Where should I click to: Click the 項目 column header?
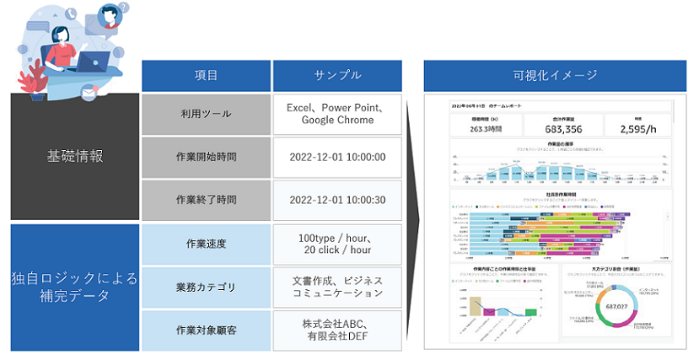206,75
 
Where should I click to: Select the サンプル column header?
338,75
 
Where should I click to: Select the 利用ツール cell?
206,114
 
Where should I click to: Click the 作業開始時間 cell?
206,157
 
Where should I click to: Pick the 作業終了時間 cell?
206,200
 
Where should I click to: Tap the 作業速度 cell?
206,244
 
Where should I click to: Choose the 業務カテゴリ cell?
206,287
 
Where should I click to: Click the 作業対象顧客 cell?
206,330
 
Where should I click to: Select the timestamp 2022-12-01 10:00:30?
337,200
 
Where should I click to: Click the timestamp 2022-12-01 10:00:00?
337,157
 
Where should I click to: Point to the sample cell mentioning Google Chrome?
337,114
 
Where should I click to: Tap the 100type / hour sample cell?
337,244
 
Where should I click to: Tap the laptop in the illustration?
92,62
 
